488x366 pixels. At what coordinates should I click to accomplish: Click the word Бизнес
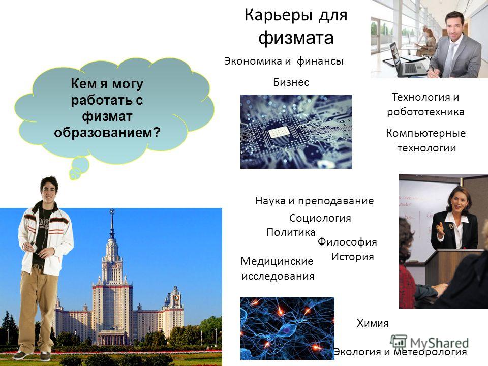click(x=291, y=82)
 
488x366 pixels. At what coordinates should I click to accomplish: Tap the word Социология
click(x=320, y=218)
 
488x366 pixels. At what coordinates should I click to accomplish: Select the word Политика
click(x=291, y=232)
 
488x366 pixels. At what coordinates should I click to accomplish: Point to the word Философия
click(x=347, y=242)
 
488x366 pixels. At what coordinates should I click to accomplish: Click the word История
click(x=353, y=257)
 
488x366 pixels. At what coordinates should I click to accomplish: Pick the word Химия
click(x=373, y=323)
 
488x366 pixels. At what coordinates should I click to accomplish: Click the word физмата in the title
click(x=296, y=38)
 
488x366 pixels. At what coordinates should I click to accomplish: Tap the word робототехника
click(x=425, y=112)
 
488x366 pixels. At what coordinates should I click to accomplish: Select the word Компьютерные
click(x=426, y=133)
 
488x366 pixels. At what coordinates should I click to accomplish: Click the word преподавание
click(x=336, y=201)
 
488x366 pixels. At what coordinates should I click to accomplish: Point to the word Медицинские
click(x=277, y=261)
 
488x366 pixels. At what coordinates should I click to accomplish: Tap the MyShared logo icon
click(x=399, y=342)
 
